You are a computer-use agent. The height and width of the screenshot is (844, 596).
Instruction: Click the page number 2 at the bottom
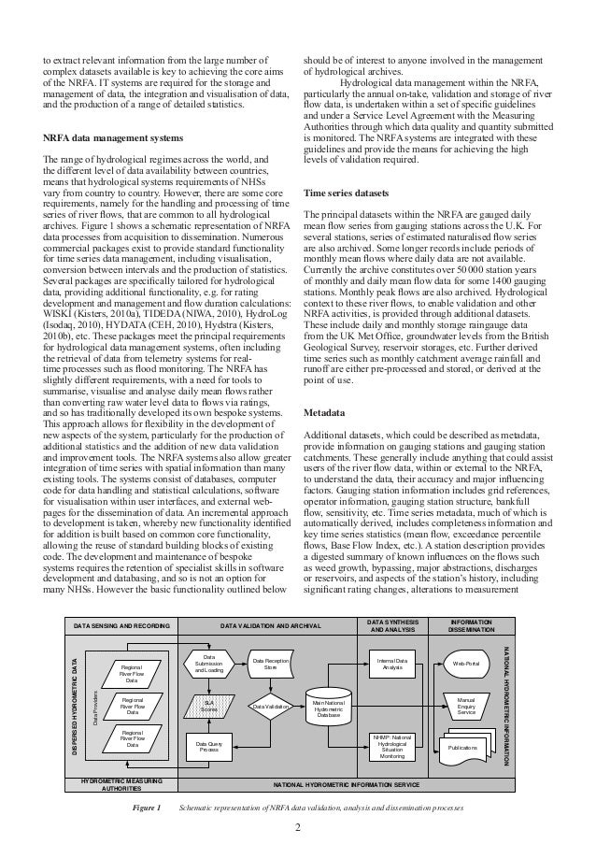(x=297, y=826)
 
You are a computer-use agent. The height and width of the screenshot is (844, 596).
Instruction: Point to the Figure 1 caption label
(x=146, y=806)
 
